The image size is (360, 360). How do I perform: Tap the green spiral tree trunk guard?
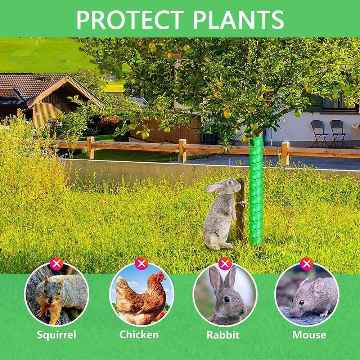pos(256,191)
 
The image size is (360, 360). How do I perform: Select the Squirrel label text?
pos(56,335)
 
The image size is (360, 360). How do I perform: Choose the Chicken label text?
pos(139,334)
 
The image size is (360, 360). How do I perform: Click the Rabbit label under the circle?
pos(223,335)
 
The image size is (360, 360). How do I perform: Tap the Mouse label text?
pos(309,335)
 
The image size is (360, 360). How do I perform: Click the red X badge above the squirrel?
pos(57,264)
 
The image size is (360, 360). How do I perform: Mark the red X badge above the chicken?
pos(141,264)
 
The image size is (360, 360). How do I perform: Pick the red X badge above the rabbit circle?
pos(225,264)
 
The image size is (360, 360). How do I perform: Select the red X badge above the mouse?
pos(307,264)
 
